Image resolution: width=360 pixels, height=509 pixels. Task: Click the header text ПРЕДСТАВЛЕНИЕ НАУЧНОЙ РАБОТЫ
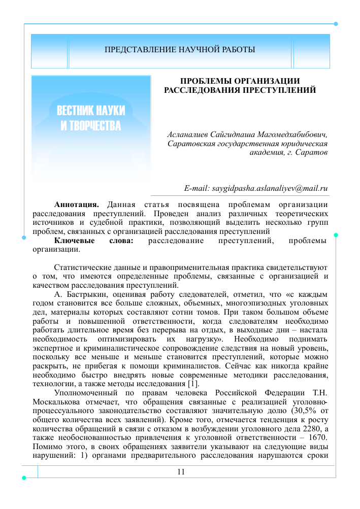click(180, 50)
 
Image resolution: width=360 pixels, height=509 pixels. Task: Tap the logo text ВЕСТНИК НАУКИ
click(91, 111)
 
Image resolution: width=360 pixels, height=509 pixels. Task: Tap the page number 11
click(181, 472)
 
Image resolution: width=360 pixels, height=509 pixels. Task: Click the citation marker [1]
click(193, 383)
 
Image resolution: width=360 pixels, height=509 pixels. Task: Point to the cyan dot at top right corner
click(336, 24)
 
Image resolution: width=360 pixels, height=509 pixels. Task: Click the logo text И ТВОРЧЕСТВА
click(91, 125)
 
